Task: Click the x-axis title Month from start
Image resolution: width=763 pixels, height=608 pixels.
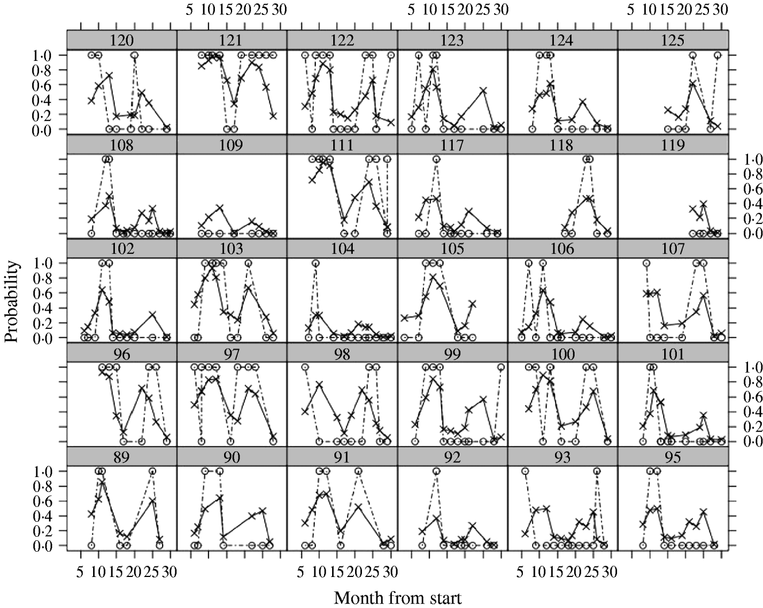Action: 398,598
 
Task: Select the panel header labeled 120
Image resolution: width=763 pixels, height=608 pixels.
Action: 122,40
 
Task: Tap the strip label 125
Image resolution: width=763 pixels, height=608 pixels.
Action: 673,40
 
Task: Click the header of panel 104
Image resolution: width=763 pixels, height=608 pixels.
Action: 342,249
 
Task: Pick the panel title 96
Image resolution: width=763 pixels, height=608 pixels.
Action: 122,353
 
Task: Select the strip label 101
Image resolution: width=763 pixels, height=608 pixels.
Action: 673,353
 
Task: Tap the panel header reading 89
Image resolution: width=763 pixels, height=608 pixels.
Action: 122,458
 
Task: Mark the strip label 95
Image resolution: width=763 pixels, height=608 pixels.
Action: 673,458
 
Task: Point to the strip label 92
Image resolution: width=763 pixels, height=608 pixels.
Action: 452,458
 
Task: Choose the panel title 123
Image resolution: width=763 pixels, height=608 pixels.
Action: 452,40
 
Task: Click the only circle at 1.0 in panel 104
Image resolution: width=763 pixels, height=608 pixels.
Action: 315,263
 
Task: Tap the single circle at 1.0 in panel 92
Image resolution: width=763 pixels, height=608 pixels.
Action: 436,471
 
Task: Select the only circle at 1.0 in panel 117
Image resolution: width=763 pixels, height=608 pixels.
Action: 436,159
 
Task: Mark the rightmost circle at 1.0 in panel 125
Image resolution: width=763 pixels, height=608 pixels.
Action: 718,55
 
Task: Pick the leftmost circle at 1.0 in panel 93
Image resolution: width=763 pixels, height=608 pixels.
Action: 525,471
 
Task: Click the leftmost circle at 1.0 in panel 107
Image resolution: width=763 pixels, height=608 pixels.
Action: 646,263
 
